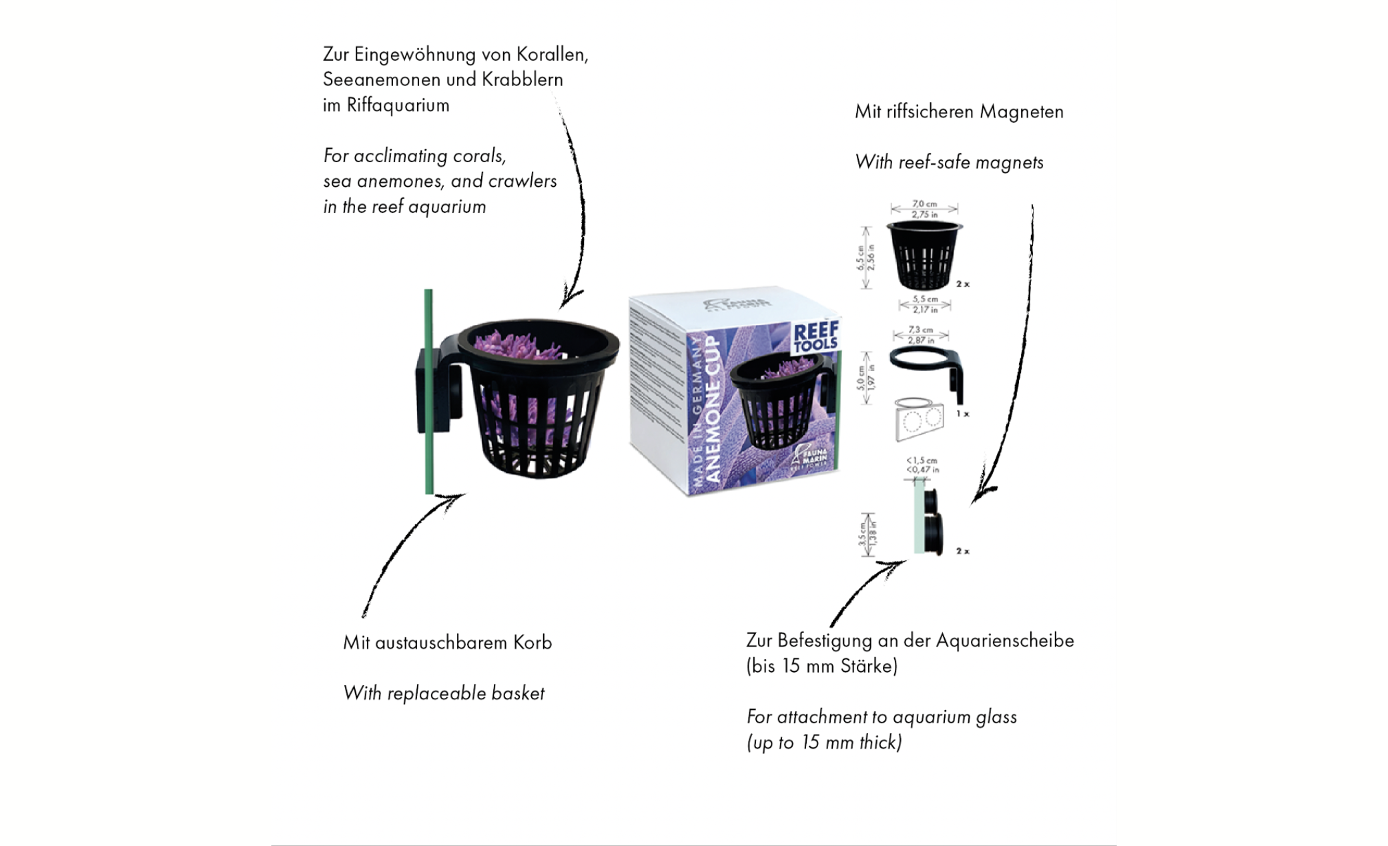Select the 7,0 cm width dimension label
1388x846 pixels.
925,203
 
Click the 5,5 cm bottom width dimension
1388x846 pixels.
925,299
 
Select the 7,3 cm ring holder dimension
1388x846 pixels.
920,330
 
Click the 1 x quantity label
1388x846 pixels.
962,414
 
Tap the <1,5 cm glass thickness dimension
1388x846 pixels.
922,460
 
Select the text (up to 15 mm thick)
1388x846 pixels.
824,743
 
